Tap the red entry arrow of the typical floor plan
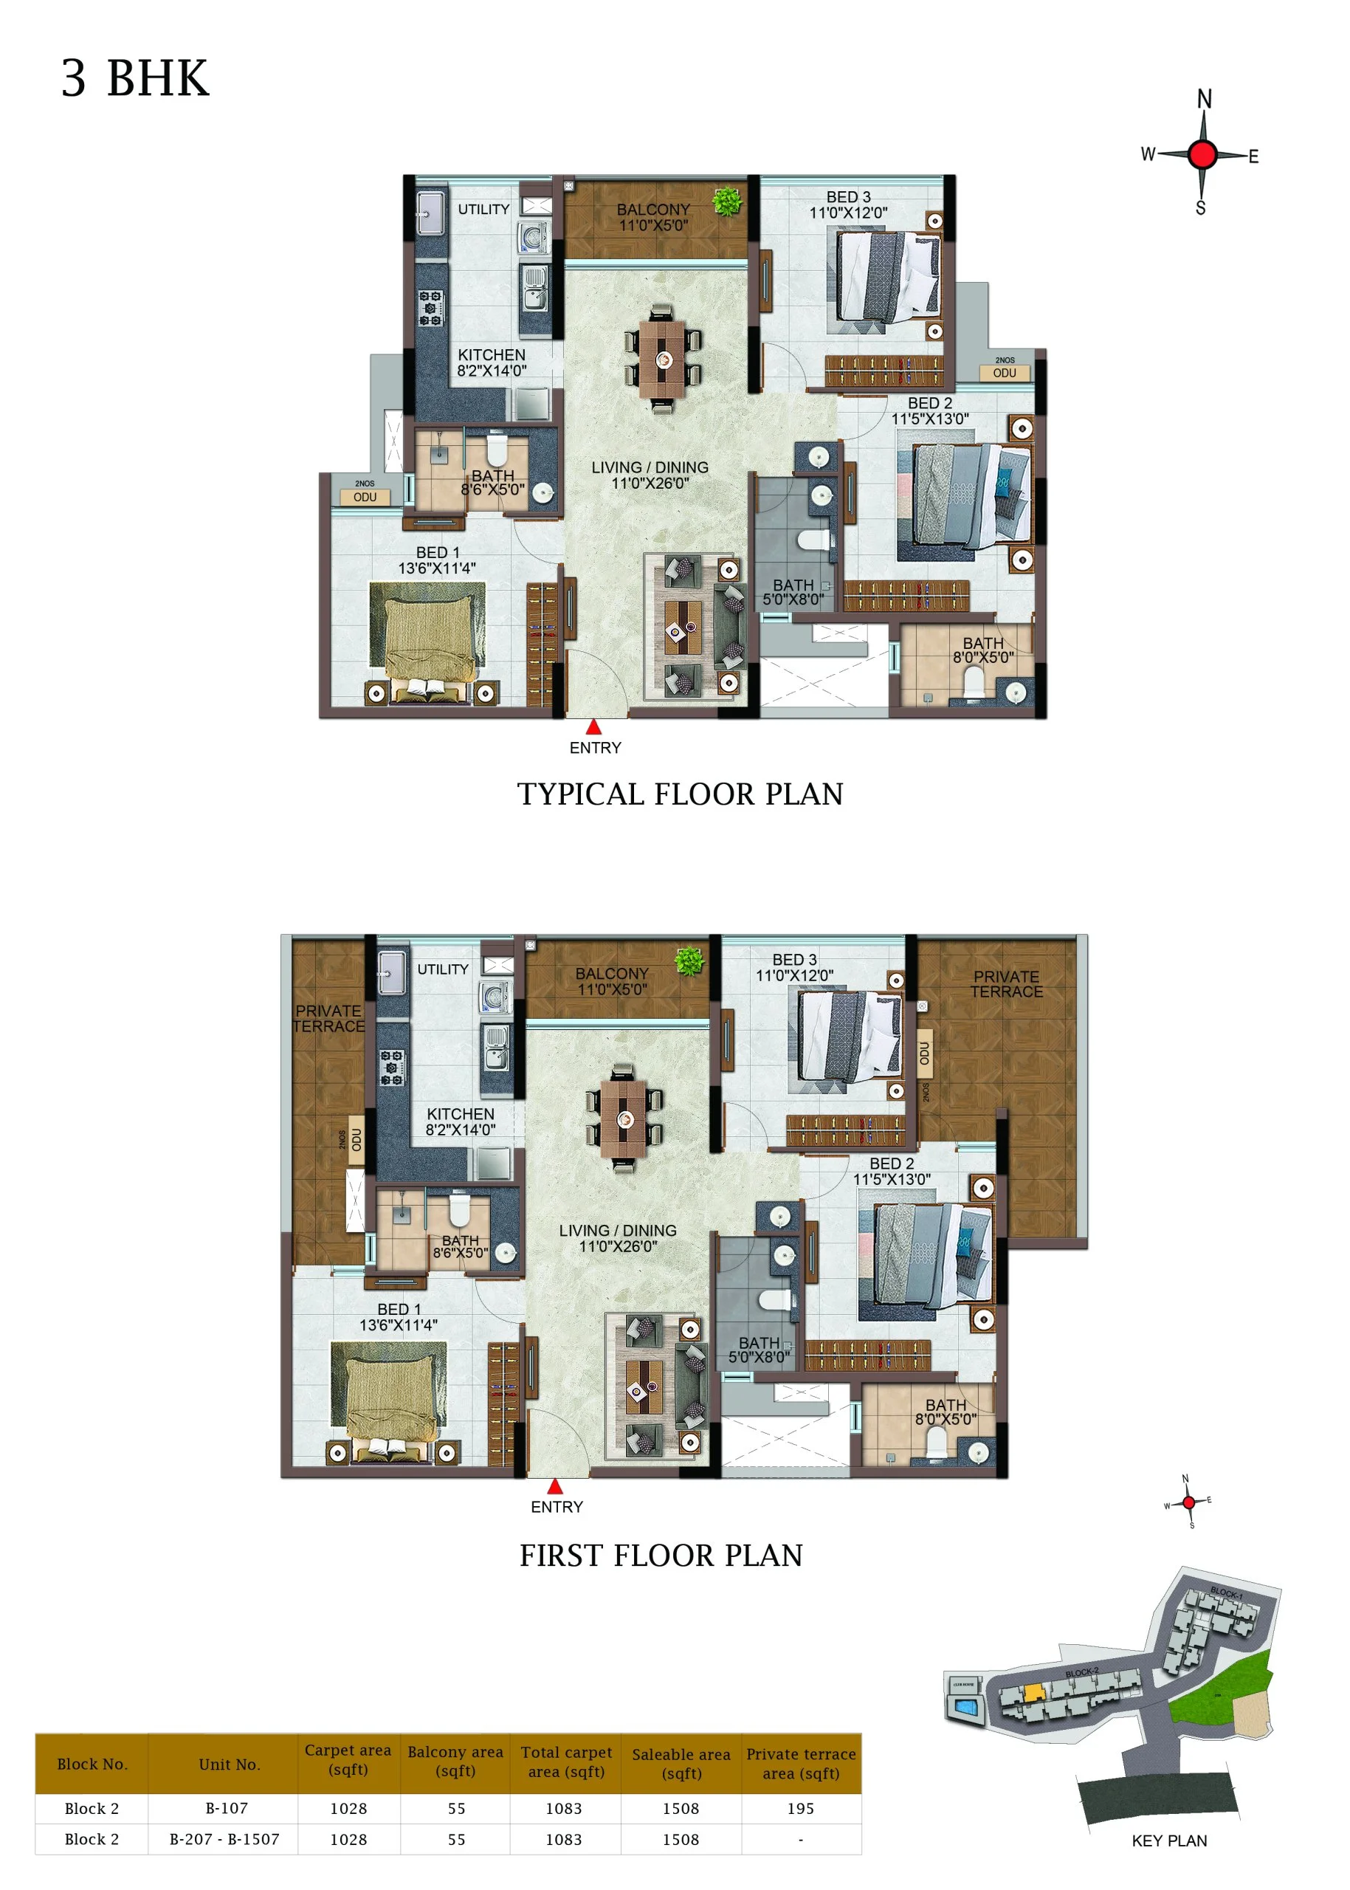(593, 727)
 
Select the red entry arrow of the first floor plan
(555, 1487)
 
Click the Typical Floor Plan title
(680, 794)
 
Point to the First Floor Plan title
(661, 1556)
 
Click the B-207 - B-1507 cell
(224, 1839)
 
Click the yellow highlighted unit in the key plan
(1033, 1692)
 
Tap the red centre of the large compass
(1203, 154)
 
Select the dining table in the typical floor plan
(663, 360)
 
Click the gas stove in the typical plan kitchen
(430, 308)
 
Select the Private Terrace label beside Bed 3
(1006, 983)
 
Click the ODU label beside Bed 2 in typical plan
(1004, 373)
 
